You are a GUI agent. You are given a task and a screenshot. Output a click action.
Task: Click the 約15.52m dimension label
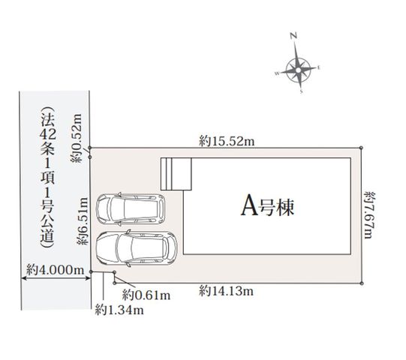click(227, 141)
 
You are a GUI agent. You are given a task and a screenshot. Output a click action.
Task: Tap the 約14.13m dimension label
click(226, 291)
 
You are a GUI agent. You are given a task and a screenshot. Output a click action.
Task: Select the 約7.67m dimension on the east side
click(370, 215)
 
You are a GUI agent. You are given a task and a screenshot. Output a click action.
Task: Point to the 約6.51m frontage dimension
click(83, 221)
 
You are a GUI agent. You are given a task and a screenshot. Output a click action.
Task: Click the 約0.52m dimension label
click(77, 138)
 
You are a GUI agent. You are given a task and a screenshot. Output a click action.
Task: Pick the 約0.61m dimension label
click(146, 295)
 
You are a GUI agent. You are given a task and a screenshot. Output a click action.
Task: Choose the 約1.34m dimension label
click(119, 310)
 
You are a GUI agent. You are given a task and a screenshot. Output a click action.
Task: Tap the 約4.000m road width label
click(56, 270)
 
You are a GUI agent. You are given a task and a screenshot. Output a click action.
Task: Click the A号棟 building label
click(268, 207)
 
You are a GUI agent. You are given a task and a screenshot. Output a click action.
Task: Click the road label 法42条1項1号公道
click(47, 178)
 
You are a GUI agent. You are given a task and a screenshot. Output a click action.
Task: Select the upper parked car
click(131, 208)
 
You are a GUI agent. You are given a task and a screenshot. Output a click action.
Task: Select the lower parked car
click(137, 248)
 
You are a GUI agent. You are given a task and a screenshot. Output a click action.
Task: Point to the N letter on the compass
click(293, 35)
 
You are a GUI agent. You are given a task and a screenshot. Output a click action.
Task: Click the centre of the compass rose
click(299, 70)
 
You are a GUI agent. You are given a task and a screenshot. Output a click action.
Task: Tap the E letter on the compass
click(319, 67)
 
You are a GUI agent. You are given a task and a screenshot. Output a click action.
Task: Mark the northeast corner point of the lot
click(361, 148)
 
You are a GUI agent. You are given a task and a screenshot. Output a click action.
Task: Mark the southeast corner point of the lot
click(362, 283)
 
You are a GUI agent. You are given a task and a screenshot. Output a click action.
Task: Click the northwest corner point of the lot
click(90, 148)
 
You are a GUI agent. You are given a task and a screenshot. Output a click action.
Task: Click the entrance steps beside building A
click(176, 174)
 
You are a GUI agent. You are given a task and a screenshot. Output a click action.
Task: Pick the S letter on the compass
click(302, 91)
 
